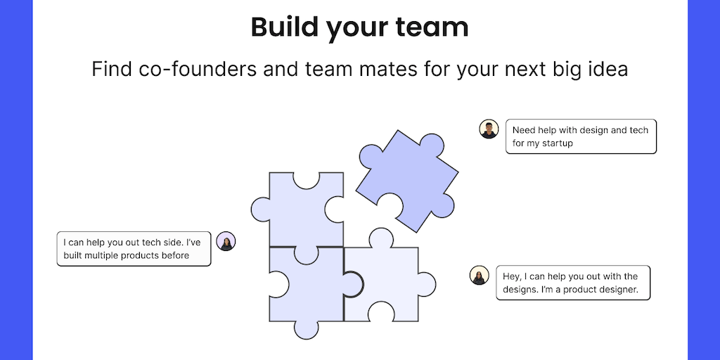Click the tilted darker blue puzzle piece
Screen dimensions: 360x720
(x=406, y=179)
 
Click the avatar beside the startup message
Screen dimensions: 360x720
(x=489, y=129)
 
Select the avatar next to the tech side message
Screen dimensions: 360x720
(x=226, y=241)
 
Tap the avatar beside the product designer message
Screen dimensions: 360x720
(x=479, y=275)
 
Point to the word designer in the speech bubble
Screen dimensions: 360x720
(x=624, y=290)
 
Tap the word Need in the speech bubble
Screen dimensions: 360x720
(x=524, y=130)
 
